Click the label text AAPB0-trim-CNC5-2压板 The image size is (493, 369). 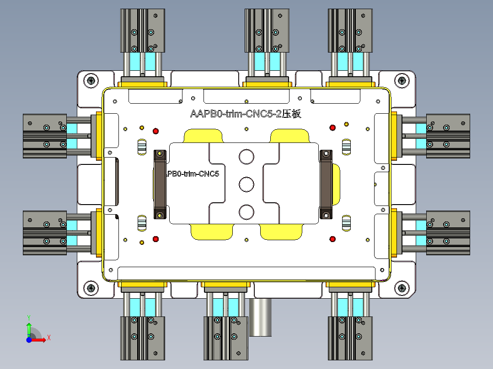click(x=246, y=114)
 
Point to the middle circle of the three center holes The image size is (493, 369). click(x=246, y=184)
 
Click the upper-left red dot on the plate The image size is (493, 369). click(x=155, y=131)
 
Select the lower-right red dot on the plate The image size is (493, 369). click(x=332, y=238)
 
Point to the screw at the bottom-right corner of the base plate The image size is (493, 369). click(x=402, y=288)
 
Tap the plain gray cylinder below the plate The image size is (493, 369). click(x=260, y=317)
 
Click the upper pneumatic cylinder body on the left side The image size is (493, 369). click(x=45, y=136)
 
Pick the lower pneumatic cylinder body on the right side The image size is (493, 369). click(x=448, y=232)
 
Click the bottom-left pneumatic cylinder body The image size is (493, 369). click(x=142, y=338)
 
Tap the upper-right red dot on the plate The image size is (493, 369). click(x=332, y=127)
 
